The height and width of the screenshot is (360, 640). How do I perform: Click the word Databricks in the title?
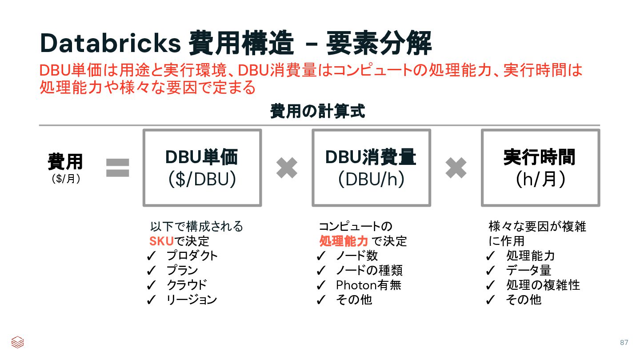coord(110,43)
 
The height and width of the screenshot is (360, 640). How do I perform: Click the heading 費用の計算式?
coord(317,111)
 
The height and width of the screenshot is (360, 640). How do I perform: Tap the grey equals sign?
coord(117,168)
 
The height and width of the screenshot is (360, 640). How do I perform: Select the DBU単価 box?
coord(202,168)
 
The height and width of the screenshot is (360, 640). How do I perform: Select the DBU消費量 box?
coord(371,168)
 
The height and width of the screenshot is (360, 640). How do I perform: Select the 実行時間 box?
coord(540,168)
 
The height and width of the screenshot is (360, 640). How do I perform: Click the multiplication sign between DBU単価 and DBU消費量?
coord(287,168)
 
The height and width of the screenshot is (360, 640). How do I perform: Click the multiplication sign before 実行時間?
coord(456,168)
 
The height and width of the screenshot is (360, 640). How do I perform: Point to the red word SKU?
coord(161,241)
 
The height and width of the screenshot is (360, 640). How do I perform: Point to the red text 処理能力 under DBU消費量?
coord(344,241)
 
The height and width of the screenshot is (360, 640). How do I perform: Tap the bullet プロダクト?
coord(192,256)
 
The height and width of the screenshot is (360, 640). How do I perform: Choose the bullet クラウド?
coord(187,285)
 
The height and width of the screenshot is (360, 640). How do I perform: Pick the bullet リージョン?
coord(192,300)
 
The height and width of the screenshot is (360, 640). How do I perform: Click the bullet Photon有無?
coord(368,285)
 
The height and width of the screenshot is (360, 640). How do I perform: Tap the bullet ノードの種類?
coord(369,270)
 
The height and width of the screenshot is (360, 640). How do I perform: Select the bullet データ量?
coord(528,270)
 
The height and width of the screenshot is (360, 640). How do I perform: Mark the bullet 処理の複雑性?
coord(543,285)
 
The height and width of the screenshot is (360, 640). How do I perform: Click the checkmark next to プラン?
coord(151,270)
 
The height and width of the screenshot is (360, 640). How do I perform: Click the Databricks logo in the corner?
coord(17,342)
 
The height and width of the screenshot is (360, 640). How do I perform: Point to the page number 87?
coord(624,342)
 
